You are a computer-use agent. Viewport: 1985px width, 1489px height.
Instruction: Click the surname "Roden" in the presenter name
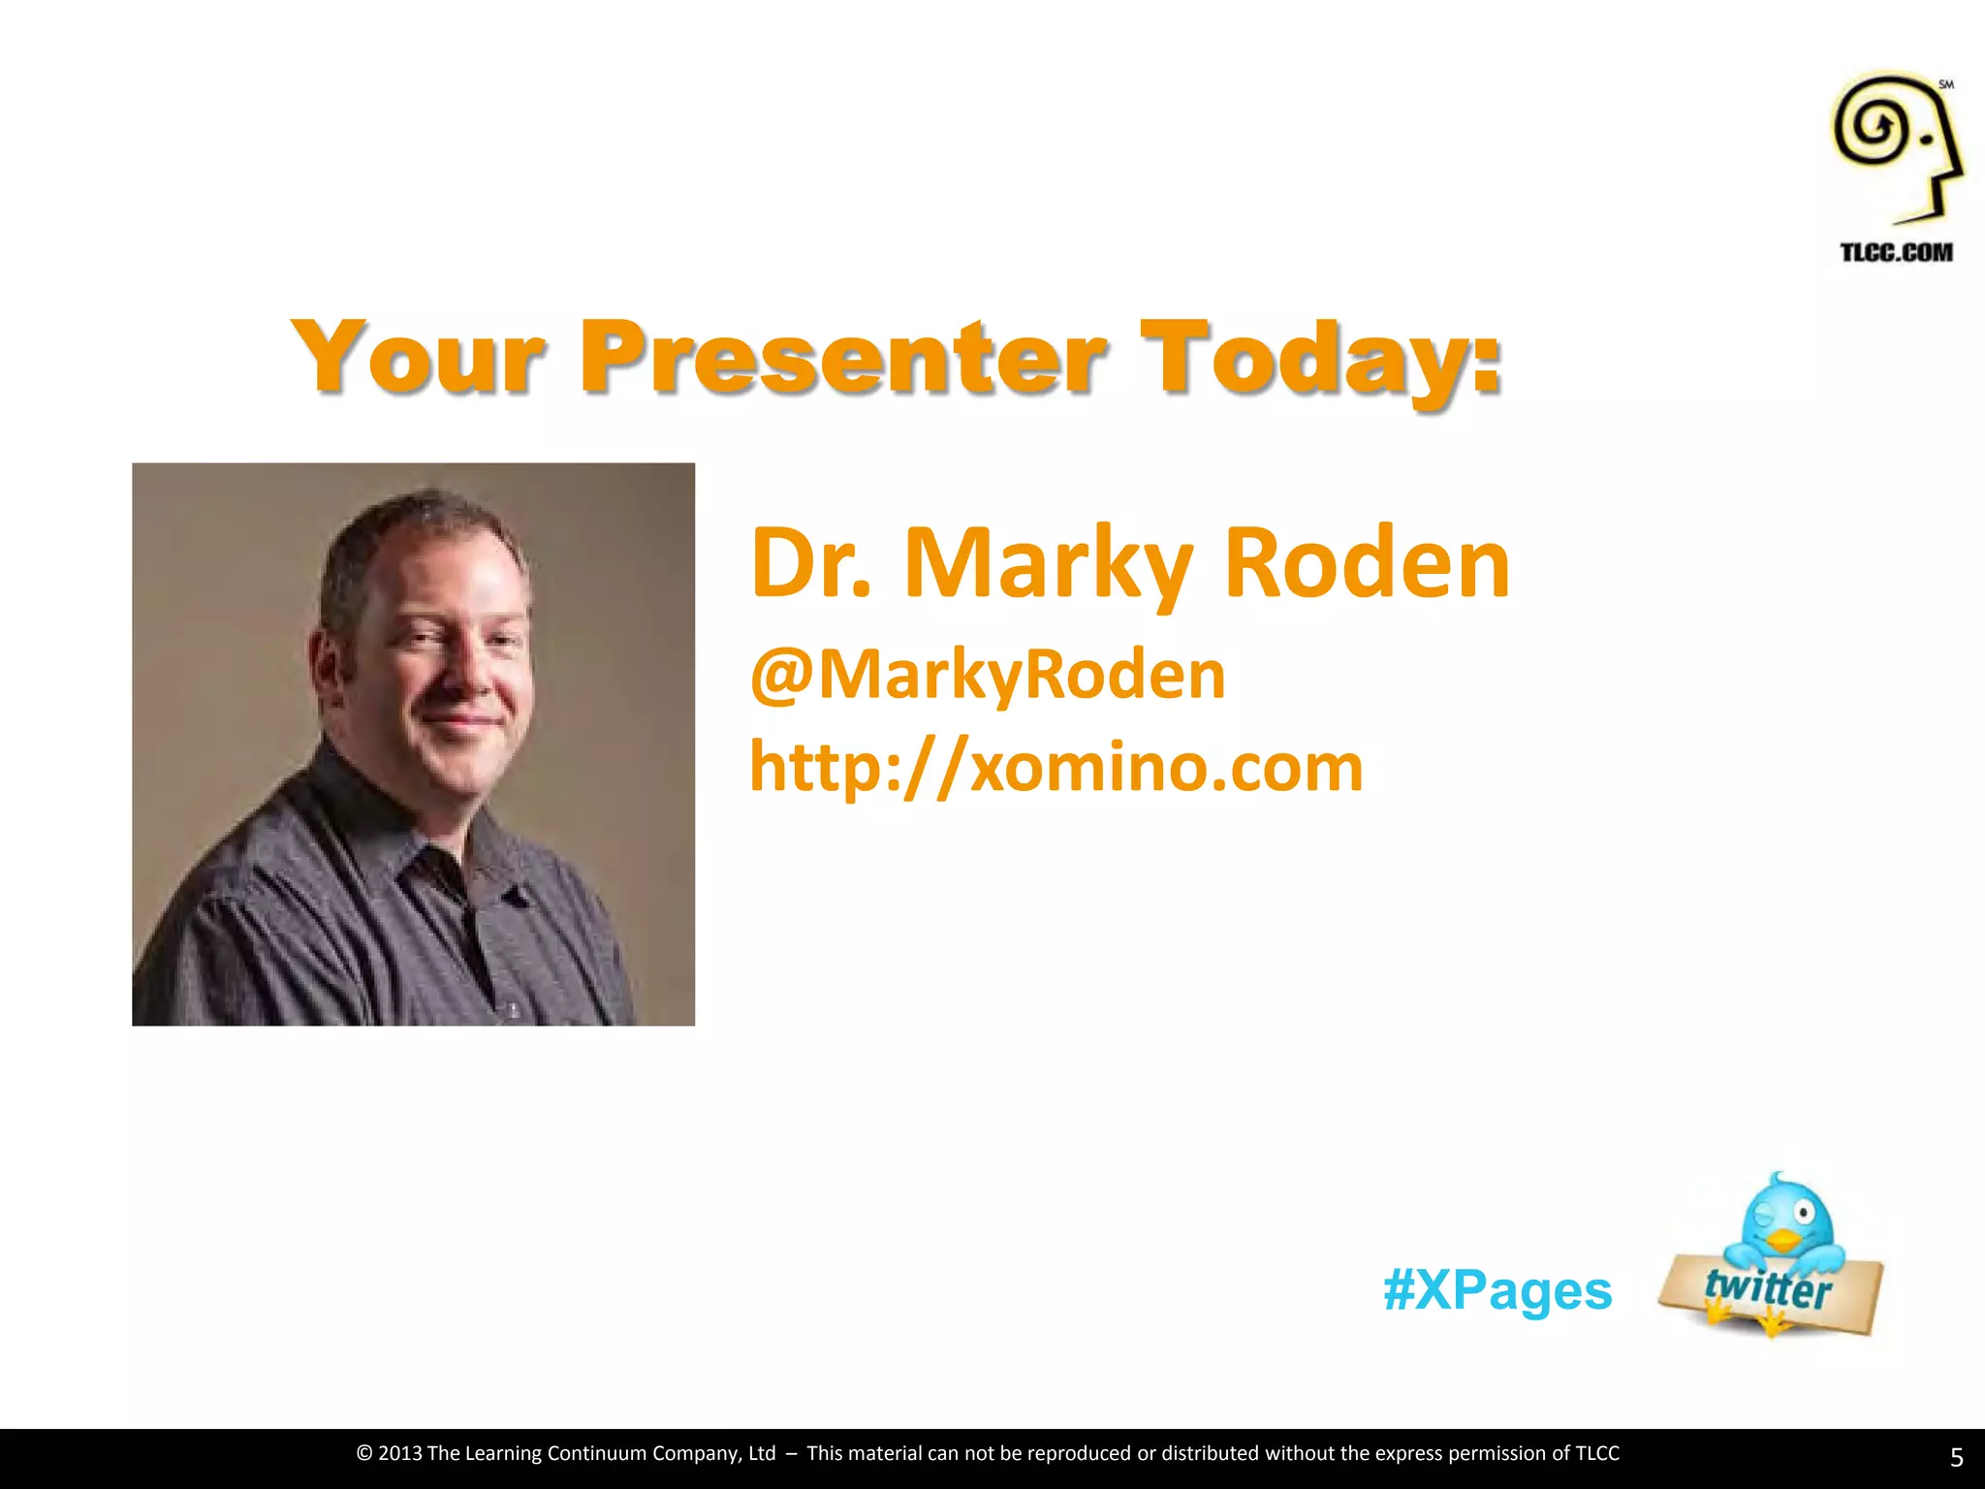click(x=1367, y=562)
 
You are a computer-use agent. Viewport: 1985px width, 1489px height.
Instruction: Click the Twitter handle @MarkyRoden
click(x=988, y=675)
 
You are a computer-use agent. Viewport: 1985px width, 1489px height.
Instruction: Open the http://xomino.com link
click(x=1056, y=767)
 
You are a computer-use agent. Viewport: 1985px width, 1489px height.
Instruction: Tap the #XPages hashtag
click(x=1497, y=1290)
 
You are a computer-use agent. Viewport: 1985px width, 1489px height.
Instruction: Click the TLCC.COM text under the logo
click(x=1896, y=253)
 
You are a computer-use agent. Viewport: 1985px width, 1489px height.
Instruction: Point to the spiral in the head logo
click(x=1874, y=126)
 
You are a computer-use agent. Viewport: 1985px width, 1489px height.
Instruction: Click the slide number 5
click(x=1956, y=1457)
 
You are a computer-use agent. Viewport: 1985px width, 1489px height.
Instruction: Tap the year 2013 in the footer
click(x=399, y=1453)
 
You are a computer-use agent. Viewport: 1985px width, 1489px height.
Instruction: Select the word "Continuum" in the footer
click(x=597, y=1453)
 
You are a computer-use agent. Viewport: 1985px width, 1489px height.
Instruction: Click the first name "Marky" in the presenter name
click(x=1048, y=562)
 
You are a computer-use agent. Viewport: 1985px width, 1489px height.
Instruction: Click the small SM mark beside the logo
click(x=1946, y=85)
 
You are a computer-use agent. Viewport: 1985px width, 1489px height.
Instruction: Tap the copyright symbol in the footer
click(x=364, y=1453)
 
